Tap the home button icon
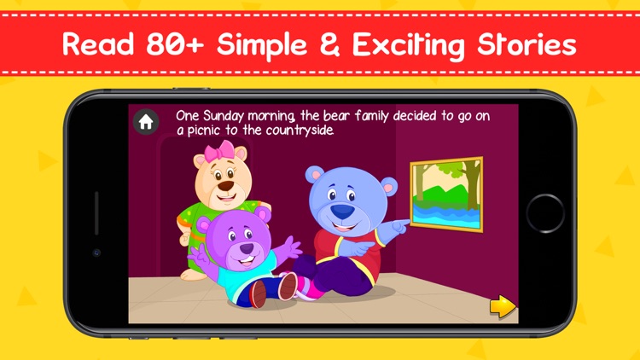(x=146, y=122)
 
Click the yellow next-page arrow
(x=503, y=305)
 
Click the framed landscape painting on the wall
(x=445, y=194)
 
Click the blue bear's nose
(x=341, y=211)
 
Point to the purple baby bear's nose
(x=246, y=248)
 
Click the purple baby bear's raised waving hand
(x=291, y=247)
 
